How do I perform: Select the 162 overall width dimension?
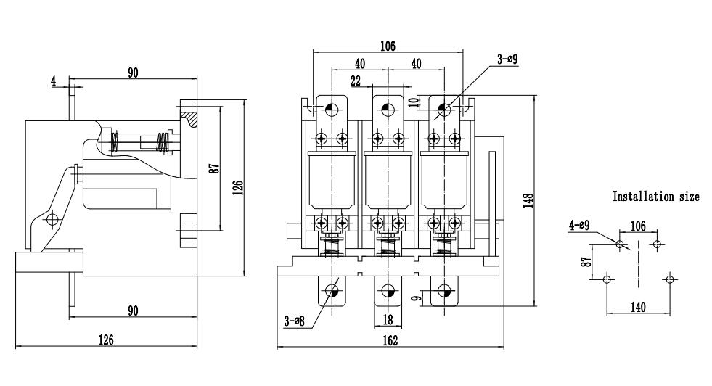[390, 341]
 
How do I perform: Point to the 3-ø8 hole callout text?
[295, 321]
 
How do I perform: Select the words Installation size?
[656, 197]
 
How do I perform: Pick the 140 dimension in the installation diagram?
[637, 308]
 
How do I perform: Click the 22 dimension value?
[356, 81]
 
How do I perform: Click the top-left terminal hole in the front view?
[332, 110]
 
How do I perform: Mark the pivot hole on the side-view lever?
[50, 218]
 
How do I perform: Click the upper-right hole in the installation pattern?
[657, 245]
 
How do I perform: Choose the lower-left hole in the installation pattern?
[607, 279]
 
